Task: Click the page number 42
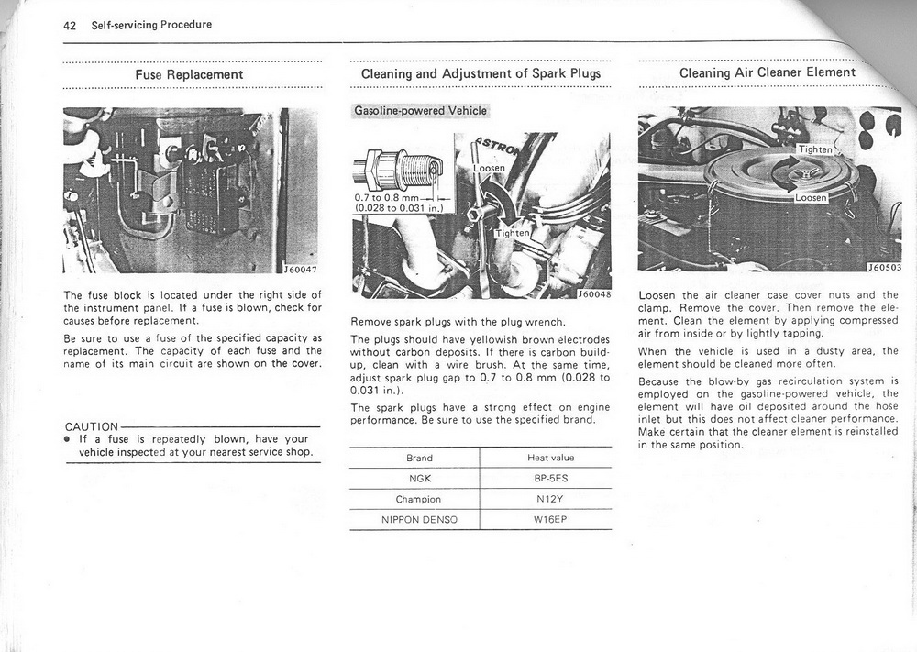70,25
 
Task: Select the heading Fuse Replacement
189,74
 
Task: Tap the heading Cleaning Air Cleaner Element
768,72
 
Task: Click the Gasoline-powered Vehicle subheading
421,111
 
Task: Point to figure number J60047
300,269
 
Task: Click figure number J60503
884,269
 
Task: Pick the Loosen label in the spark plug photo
490,169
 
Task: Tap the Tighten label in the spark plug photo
513,233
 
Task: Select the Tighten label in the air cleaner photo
815,149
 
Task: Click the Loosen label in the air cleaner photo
811,197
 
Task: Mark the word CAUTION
92,426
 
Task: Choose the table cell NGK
419,479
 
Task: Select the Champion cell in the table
419,500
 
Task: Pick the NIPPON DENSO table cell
419,520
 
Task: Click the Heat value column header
550,458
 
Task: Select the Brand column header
419,458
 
